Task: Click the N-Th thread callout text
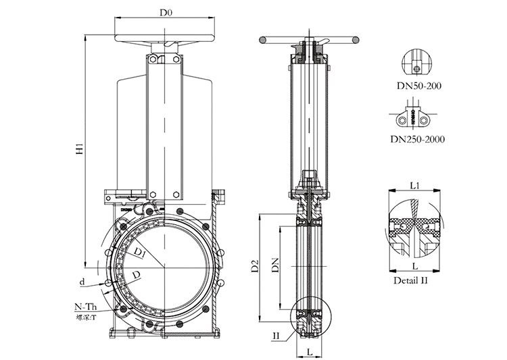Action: pyautogui.click(x=85, y=307)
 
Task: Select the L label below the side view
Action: pyautogui.click(x=308, y=352)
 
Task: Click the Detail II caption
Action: pyautogui.click(x=412, y=279)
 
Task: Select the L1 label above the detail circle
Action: pyautogui.click(x=415, y=184)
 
